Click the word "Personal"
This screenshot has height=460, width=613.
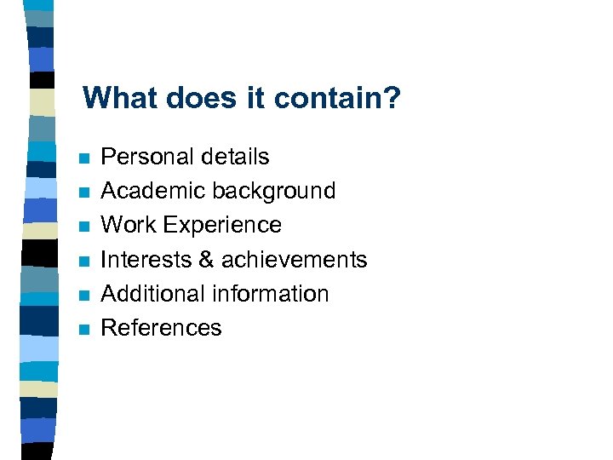coord(142,157)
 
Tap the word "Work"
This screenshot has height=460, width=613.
coord(129,225)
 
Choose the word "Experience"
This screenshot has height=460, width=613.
coord(222,225)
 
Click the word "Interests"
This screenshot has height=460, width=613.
coord(146,259)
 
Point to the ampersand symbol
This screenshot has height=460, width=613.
coord(205,259)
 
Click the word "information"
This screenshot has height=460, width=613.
coord(271,293)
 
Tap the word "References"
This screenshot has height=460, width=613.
coord(161,327)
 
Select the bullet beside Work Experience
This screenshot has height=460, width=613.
coord(82,227)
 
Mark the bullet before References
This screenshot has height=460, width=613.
coord(82,329)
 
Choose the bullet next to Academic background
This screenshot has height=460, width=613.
coord(82,193)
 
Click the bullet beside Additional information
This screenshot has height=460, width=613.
coord(82,295)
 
